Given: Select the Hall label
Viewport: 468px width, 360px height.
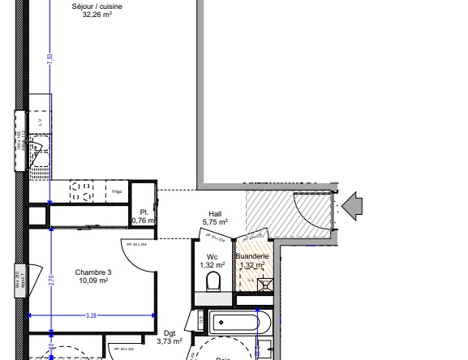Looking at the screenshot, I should click(x=214, y=213).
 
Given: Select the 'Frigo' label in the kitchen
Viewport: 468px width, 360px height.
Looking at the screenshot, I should click(x=118, y=191).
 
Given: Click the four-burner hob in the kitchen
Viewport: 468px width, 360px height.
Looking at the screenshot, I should click(x=82, y=191).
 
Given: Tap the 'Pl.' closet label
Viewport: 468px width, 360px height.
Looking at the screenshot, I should click(x=144, y=211).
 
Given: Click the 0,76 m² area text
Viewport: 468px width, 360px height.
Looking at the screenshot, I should click(x=144, y=220).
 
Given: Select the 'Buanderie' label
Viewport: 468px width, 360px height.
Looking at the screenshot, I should click(x=252, y=256).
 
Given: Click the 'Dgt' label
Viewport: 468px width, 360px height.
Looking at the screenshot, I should click(x=170, y=333).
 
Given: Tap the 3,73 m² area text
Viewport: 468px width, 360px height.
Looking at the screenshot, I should click(x=170, y=342).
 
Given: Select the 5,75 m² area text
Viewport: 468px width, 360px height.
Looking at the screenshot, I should click(x=214, y=222).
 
